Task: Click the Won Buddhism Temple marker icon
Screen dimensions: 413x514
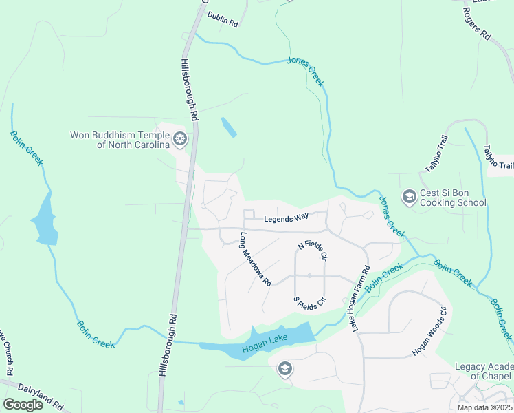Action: pyautogui.click(x=180, y=140)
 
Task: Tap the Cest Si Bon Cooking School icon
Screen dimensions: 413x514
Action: pyautogui.click(x=409, y=198)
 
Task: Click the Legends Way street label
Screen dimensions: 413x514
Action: pyautogui.click(x=286, y=219)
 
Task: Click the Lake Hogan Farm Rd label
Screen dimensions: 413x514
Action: pyautogui.click(x=361, y=297)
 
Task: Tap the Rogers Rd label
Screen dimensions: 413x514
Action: pyautogui.click(x=477, y=23)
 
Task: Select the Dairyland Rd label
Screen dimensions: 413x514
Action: pyautogui.click(x=41, y=396)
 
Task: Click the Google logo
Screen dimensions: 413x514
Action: pyautogui.click(x=23, y=405)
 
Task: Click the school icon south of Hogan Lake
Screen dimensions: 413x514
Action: pyautogui.click(x=284, y=370)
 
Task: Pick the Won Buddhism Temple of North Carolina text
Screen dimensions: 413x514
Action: pyautogui.click(x=120, y=140)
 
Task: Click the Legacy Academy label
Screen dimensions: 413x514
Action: pyautogui.click(x=484, y=371)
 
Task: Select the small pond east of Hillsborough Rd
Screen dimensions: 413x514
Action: pyautogui.click(x=228, y=127)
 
